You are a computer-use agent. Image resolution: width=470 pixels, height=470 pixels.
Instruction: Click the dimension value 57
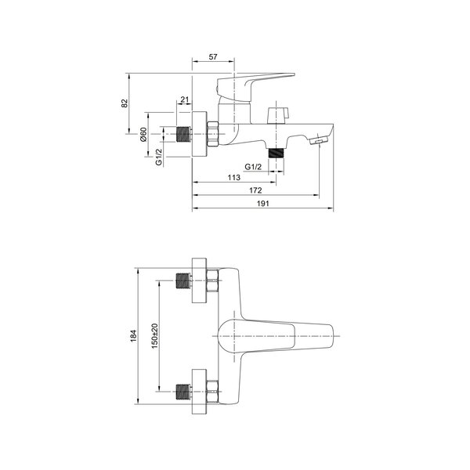click(x=213, y=56)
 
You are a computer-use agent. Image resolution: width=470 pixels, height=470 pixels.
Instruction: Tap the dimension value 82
click(x=125, y=103)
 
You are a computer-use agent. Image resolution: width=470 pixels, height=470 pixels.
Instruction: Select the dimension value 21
click(x=185, y=99)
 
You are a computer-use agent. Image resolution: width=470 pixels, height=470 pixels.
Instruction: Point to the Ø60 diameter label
click(x=143, y=135)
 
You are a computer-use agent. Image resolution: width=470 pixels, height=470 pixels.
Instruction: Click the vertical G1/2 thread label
click(x=158, y=157)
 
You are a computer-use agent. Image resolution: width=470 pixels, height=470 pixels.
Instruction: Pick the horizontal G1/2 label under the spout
click(x=253, y=167)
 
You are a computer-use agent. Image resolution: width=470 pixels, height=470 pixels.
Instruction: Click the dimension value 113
click(x=233, y=178)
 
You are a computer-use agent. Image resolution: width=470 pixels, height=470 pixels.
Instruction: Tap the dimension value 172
click(x=255, y=190)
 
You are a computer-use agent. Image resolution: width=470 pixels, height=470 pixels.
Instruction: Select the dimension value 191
click(x=263, y=204)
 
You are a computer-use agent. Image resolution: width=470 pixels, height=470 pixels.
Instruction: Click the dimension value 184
click(x=133, y=336)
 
